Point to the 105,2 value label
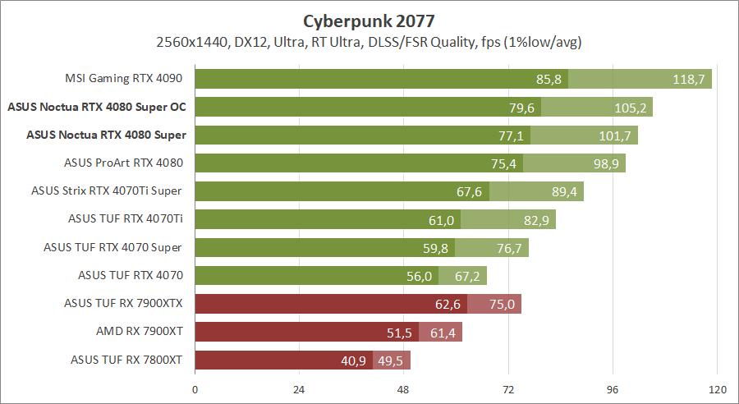631,107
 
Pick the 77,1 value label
513,135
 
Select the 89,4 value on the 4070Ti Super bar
562,191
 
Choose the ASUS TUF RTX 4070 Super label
112,247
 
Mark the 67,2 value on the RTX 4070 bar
466,275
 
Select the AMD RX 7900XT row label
140,332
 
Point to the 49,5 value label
389,360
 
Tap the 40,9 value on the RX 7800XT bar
355,360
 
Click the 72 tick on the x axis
508,389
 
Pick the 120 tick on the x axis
717,389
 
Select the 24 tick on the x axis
299,389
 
